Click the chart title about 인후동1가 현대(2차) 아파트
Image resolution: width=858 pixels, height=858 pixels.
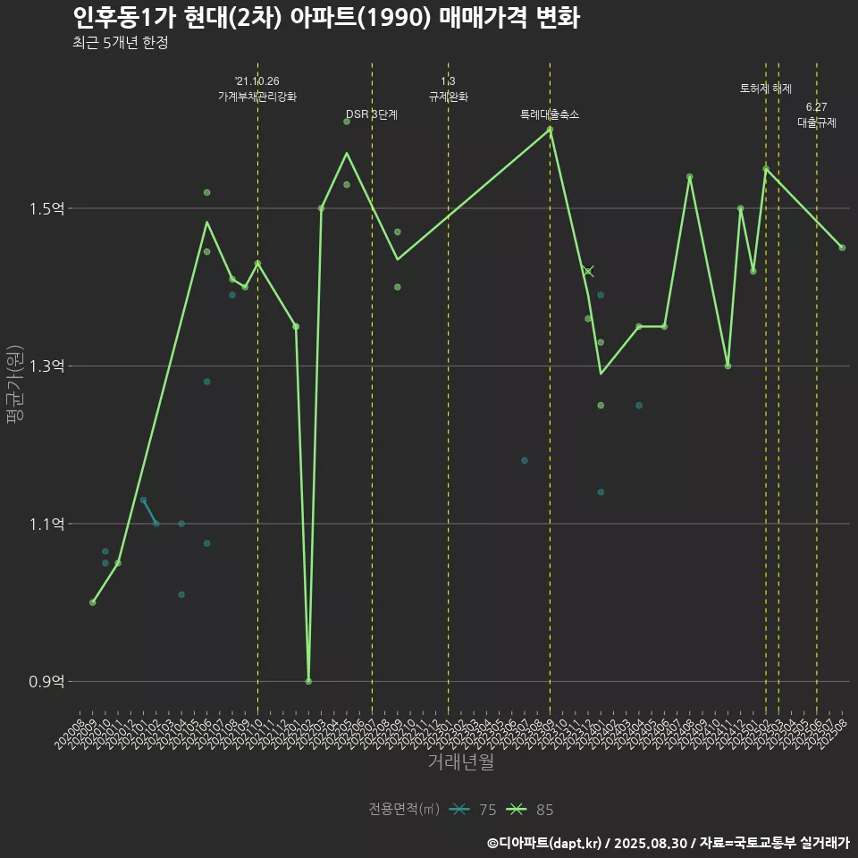pos(325,18)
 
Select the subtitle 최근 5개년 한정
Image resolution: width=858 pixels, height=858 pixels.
pos(121,43)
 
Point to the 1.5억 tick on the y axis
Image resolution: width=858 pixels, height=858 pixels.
pos(46,209)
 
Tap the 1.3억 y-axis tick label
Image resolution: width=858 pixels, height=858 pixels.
pos(46,366)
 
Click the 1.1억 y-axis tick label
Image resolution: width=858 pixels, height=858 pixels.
pos(46,524)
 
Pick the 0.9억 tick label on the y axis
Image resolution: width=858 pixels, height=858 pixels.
pos(46,682)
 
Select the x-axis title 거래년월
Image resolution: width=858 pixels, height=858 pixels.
pos(460,762)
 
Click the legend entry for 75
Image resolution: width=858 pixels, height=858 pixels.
pos(474,810)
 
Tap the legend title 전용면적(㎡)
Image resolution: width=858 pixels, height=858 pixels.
pos(404,810)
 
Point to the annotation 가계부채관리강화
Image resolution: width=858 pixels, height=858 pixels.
pos(257,96)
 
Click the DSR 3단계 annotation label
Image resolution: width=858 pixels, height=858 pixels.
pos(372,114)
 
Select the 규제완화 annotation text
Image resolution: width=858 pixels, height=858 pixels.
pos(449,96)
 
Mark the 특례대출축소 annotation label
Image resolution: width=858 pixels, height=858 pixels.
pos(550,114)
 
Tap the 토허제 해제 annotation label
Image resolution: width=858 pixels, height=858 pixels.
pos(766,88)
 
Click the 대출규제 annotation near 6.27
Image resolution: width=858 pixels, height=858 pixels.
pos(817,122)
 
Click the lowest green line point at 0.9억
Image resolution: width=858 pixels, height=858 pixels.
pos(308,681)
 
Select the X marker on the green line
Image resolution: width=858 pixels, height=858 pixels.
pos(587,271)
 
